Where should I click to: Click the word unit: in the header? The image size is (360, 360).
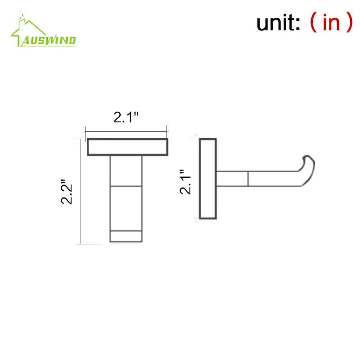pyautogui.click(x=278, y=22)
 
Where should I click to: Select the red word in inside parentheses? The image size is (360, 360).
pyautogui.click(x=331, y=22)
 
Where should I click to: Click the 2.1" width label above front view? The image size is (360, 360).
pyautogui.click(x=126, y=117)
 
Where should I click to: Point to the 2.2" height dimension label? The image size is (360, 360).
pyautogui.click(x=67, y=192)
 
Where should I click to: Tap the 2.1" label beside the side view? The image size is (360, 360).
pyautogui.click(x=185, y=182)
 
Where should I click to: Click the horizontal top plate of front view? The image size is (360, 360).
pyautogui.click(x=127, y=147)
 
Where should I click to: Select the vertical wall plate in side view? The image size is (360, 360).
pyautogui.click(x=208, y=179)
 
